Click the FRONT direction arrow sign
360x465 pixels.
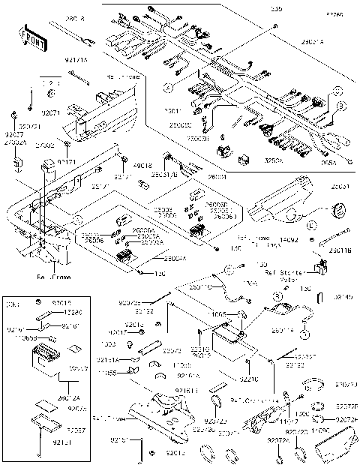click(29, 38)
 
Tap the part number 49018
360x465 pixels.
click(142, 165)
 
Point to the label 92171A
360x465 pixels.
click(76, 58)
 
